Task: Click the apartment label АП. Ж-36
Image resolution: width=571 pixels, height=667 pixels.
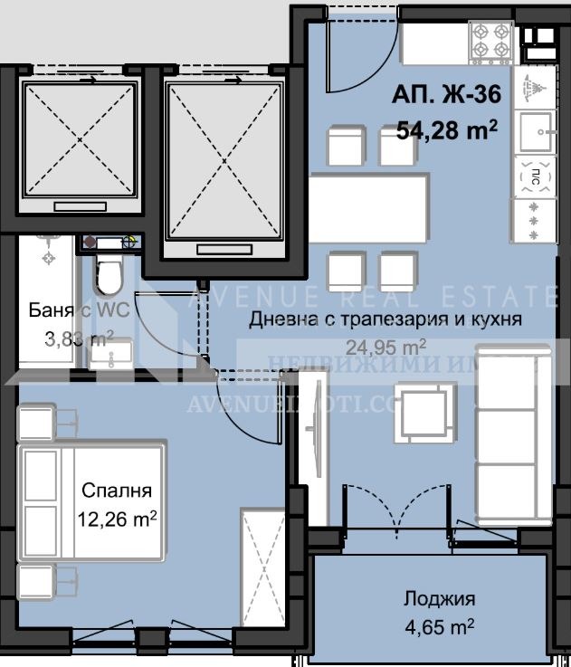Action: point(446,93)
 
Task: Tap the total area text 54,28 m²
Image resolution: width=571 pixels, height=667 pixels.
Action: point(446,130)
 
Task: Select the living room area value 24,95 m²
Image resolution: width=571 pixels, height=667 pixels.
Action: point(385,345)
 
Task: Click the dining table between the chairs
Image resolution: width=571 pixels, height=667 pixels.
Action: point(367,195)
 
